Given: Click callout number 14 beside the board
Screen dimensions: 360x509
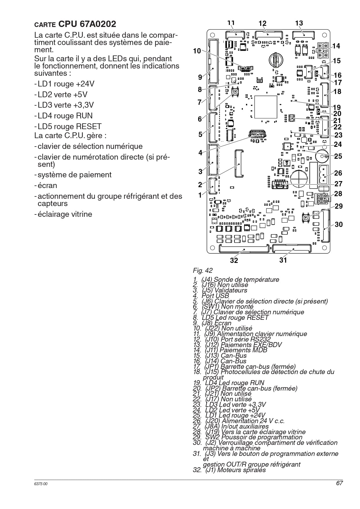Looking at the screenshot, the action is [336, 46].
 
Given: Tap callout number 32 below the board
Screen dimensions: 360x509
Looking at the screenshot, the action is [234, 260].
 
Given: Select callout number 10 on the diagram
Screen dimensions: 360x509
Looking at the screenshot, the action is [197, 51].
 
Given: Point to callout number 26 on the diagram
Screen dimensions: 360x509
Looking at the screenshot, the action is [338, 173].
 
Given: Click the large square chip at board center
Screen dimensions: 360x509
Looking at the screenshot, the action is [266, 107].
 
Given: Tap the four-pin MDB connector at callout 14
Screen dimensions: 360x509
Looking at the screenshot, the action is [323, 50].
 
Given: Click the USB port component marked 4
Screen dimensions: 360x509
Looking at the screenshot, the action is [257, 134].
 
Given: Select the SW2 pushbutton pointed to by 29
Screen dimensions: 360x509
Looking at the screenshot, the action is [305, 217].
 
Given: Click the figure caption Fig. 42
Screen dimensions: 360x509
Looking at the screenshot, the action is [202, 270].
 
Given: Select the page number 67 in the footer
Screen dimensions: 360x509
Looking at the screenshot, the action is [339, 483].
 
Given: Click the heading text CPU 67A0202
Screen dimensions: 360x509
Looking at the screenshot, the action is [87, 24].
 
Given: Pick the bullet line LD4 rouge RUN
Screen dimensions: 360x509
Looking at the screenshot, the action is [63, 116].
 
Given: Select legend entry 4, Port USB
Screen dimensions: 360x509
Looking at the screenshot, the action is [211, 296].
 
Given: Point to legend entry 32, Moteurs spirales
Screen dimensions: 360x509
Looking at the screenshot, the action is [229, 470].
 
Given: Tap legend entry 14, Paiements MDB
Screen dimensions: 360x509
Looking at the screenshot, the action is [230, 350].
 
